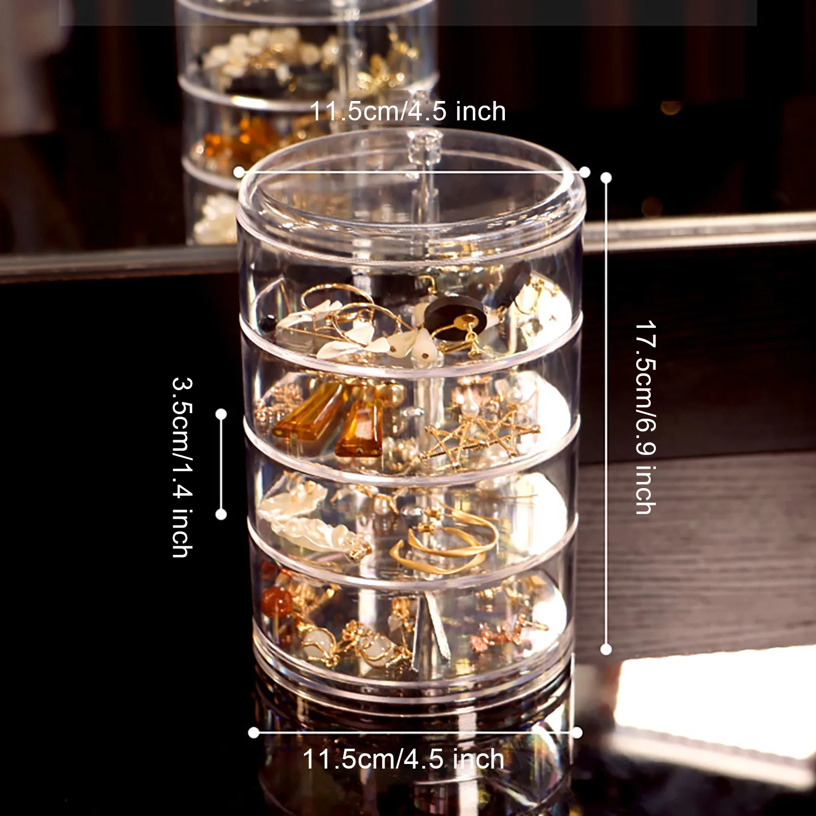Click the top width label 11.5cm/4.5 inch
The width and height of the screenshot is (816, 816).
coord(407,112)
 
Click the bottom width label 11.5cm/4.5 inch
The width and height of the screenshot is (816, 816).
coord(403,759)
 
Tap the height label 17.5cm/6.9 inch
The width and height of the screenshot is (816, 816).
coord(646,417)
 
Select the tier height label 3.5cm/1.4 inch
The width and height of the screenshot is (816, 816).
coord(182,467)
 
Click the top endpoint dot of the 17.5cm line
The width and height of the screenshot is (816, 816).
coord(606,177)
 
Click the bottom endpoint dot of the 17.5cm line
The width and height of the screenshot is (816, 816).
coord(606,649)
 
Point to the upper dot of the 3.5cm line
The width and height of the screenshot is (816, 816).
coord(221,414)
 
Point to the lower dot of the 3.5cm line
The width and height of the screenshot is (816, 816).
coord(221,514)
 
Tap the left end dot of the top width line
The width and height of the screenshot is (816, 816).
coord(239,172)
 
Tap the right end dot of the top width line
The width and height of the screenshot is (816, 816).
coord(584,172)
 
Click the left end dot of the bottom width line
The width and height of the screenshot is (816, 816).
coord(253,733)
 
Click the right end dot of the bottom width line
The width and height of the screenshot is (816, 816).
coord(577,733)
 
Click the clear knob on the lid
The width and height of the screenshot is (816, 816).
coord(426,144)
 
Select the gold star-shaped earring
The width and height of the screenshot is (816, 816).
coord(474,433)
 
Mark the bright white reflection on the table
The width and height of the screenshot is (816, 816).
coord(714,704)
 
